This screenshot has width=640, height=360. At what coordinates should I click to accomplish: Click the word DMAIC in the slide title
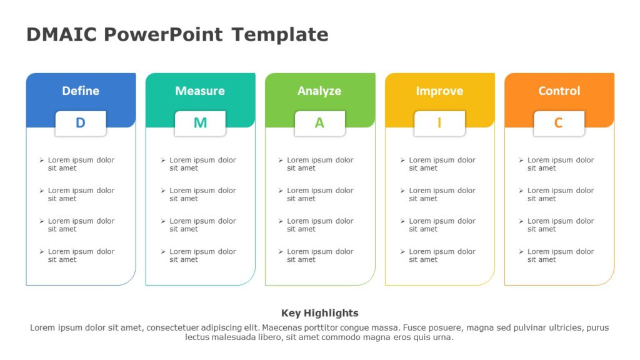tap(61, 34)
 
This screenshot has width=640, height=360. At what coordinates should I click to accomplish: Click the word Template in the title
tap(279, 34)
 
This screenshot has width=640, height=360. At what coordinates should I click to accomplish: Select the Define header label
tap(81, 91)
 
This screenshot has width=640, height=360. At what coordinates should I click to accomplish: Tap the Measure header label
tap(200, 91)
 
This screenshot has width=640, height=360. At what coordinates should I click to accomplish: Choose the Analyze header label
tap(319, 91)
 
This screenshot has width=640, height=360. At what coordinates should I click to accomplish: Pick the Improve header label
tap(439, 91)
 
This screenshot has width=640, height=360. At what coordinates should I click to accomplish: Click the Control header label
tap(559, 91)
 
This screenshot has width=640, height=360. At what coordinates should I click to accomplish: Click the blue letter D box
tap(81, 123)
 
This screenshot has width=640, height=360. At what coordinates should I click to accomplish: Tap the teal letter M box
tap(200, 123)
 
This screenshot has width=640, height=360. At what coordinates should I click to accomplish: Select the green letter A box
tap(319, 123)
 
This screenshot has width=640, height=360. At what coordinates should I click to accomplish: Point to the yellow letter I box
tap(439, 123)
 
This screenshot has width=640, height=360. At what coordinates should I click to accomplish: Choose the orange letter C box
tap(559, 123)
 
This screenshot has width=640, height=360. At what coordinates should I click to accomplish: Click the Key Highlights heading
tap(319, 313)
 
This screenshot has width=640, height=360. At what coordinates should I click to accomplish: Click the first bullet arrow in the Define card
tap(42, 161)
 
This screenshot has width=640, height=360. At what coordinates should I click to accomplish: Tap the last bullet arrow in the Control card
tap(521, 252)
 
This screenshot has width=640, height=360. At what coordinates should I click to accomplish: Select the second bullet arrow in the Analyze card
tap(281, 191)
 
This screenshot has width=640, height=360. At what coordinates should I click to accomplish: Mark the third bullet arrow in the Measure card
tap(163, 221)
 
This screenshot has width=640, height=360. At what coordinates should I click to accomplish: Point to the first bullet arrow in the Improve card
tap(402, 161)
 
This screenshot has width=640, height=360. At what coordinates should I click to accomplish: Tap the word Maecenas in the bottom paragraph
tap(282, 327)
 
